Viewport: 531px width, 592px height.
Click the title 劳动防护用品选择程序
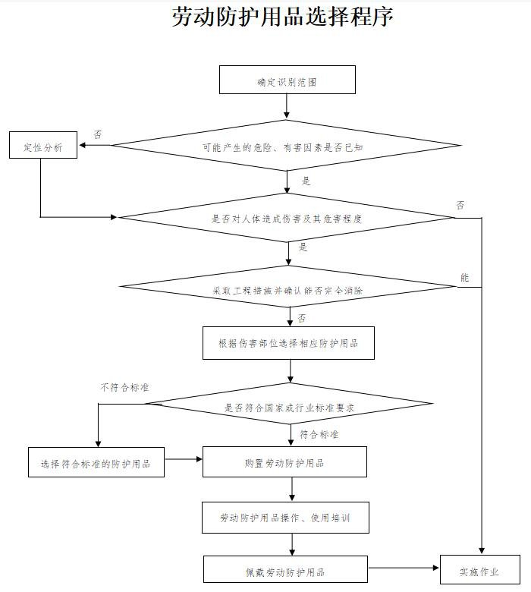coord(283,17)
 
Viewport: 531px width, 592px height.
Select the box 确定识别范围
coord(287,80)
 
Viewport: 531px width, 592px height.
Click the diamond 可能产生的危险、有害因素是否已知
coord(287,146)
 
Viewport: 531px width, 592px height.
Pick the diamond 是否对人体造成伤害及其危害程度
coord(287,219)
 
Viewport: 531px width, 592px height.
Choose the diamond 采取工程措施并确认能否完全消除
coord(287,289)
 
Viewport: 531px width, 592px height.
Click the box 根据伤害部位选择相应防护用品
coord(288,343)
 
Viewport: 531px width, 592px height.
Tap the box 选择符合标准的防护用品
coord(96,462)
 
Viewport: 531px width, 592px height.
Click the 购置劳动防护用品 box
coord(284,461)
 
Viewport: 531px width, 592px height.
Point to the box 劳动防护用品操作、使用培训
coord(284,518)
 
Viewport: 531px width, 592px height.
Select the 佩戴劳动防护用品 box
coord(285,572)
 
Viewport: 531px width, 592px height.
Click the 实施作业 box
coord(479,572)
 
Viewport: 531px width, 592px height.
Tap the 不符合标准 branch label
coord(124,387)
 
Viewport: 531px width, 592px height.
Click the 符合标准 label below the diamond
coord(319,435)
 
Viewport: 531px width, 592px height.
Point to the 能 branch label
coord(465,278)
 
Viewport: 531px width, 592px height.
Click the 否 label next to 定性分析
coord(98,134)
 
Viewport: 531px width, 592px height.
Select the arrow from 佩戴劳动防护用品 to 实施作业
coord(404,568)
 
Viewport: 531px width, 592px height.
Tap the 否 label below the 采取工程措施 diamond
coord(302,317)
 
